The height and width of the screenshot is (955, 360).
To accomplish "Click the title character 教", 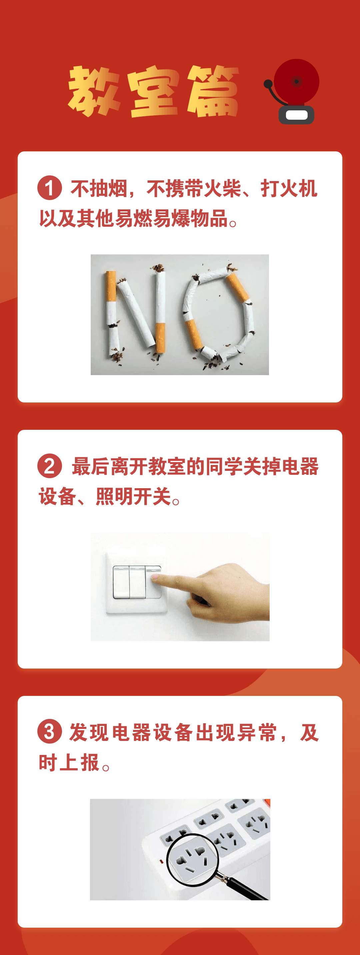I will coord(93,91).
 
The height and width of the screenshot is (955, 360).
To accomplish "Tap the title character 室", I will coord(153,92).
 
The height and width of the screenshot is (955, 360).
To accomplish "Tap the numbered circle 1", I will coord(49,188).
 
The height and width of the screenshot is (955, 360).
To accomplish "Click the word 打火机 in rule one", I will coord(288,188).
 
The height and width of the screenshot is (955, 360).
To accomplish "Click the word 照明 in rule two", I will coord(114,497).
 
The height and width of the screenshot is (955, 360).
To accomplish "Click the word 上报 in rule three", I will coord(79,763).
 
